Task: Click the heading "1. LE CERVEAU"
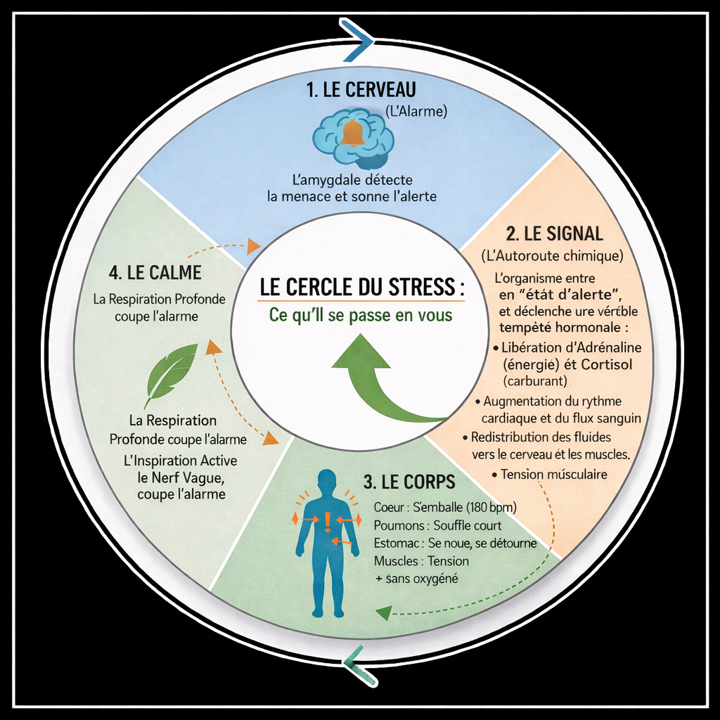point(361,90)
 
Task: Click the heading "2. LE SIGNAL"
point(555,233)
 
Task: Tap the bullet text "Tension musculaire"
point(554,475)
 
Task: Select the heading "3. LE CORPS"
point(409,482)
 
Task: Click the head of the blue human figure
point(327,481)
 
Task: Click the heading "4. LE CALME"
point(155,272)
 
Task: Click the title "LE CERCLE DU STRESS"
point(358,288)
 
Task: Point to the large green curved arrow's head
point(361,351)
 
